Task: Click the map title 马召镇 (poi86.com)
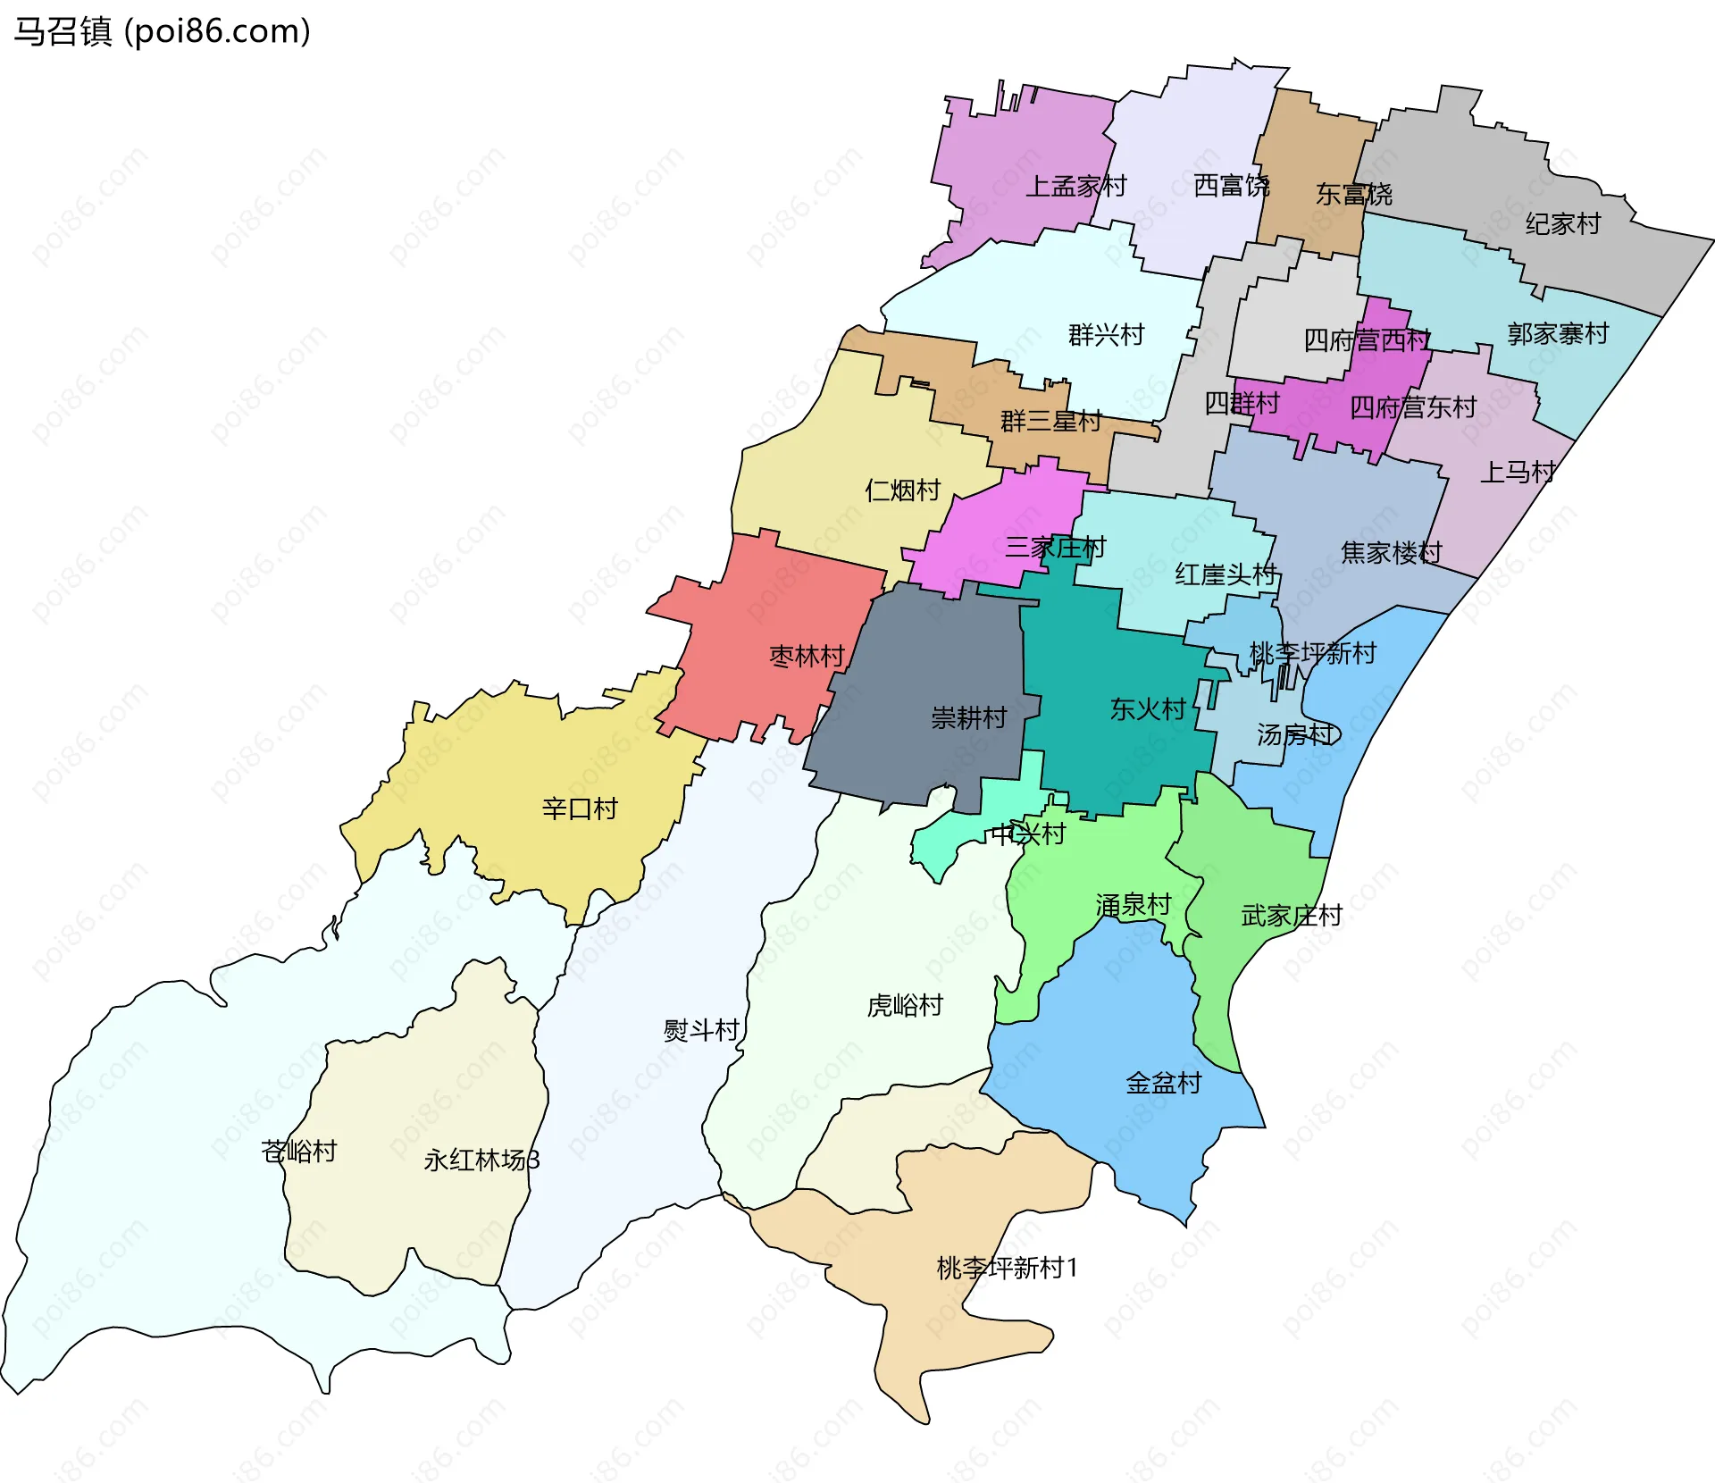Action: click(162, 31)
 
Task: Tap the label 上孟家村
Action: click(1075, 187)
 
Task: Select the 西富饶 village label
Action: click(1232, 186)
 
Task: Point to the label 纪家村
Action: click(1562, 223)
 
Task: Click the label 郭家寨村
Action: click(1558, 334)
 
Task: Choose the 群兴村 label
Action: click(1106, 335)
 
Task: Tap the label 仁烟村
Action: click(902, 490)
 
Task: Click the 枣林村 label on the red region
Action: click(807, 657)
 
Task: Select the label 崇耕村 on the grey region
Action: click(968, 717)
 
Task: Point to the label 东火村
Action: click(1147, 709)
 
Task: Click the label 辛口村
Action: click(580, 809)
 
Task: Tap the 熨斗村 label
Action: click(701, 1031)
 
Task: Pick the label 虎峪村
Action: click(905, 1006)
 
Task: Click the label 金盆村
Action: click(1163, 1084)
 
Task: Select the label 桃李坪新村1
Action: click(1007, 1268)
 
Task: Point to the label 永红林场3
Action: click(481, 1160)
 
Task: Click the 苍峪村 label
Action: click(299, 1152)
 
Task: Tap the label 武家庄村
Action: click(1292, 916)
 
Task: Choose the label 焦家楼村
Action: click(1391, 553)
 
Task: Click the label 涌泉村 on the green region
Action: click(1133, 906)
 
